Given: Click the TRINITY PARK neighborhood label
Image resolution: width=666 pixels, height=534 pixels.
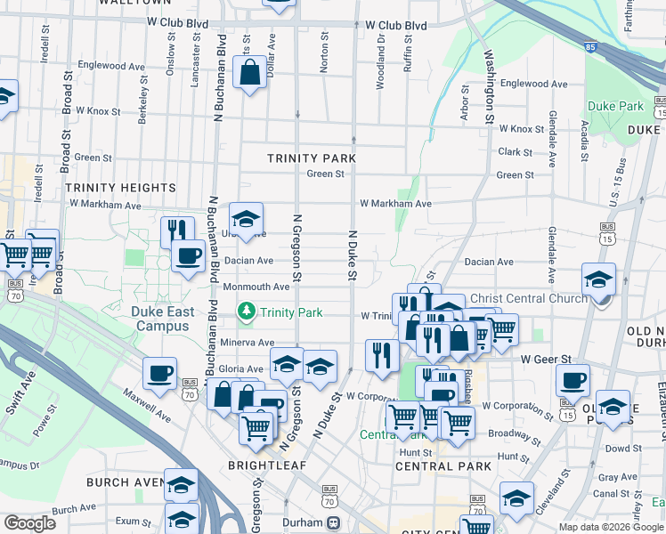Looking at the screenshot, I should tap(312, 158).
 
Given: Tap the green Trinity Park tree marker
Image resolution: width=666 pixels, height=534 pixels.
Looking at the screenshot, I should tap(246, 311).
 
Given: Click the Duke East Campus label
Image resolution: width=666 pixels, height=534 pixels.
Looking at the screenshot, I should tap(162, 319).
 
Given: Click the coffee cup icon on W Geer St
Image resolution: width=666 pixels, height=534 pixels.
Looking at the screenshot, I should tap(573, 380).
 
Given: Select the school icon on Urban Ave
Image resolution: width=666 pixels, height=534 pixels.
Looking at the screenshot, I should tap(247, 218).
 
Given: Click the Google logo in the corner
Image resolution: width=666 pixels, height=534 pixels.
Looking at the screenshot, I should tap(29, 522).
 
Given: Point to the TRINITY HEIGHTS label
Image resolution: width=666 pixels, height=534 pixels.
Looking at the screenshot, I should tap(120, 188).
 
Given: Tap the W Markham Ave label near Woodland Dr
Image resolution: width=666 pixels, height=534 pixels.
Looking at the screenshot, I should tap(395, 204).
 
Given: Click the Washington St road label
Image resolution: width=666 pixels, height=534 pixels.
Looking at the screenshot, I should tap(489, 90).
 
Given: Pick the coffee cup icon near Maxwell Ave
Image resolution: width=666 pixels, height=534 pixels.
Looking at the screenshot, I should tap(159, 372).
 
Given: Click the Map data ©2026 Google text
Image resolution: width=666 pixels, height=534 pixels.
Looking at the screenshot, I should tap(610, 527).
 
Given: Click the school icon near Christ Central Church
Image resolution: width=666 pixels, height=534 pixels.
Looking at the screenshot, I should tap(599, 279).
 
